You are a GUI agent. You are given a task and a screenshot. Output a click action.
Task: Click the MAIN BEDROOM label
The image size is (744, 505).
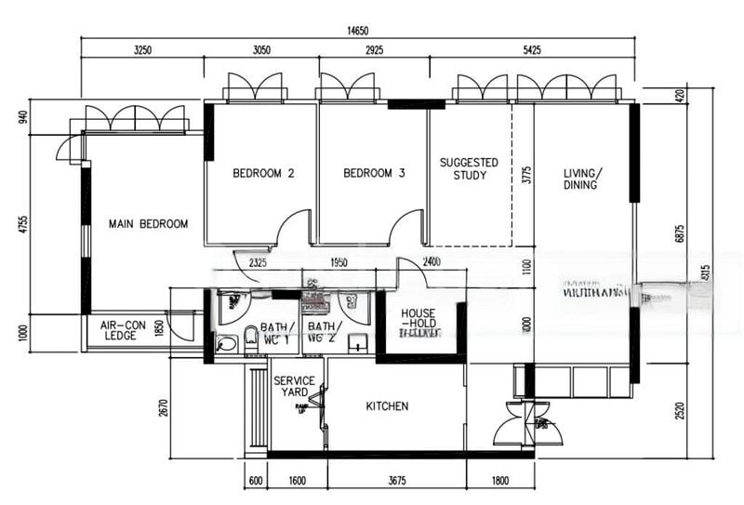[148, 224]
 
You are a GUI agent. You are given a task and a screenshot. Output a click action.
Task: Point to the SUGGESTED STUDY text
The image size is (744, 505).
[469, 168]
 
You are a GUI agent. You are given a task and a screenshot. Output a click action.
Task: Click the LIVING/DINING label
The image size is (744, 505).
[582, 179]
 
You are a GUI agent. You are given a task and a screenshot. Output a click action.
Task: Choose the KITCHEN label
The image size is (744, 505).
[387, 406]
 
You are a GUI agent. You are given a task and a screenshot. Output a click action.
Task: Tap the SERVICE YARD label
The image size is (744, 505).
[294, 386]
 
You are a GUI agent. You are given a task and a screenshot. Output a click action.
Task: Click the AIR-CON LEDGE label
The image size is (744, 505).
[124, 330]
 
